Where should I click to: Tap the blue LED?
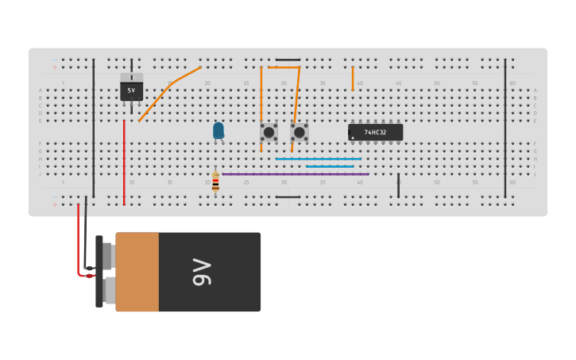(x=218, y=130)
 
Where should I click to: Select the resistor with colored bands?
(x=215, y=183)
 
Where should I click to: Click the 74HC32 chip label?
(x=375, y=132)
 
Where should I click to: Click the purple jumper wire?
(x=294, y=174)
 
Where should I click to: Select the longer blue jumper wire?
(x=318, y=159)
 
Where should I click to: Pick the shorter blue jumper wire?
(x=330, y=166)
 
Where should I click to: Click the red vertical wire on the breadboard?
(x=124, y=163)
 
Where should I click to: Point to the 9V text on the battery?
(x=200, y=272)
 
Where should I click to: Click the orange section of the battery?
(x=137, y=272)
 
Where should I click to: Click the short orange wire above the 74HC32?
(x=353, y=78)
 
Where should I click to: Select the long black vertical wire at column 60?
(x=505, y=127)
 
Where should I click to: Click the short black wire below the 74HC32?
(x=399, y=185)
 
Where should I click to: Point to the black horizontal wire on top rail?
(x=288, y=60)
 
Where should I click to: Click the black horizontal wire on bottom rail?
(x=288, y=197)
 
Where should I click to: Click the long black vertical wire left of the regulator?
(x=93, y=127)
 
